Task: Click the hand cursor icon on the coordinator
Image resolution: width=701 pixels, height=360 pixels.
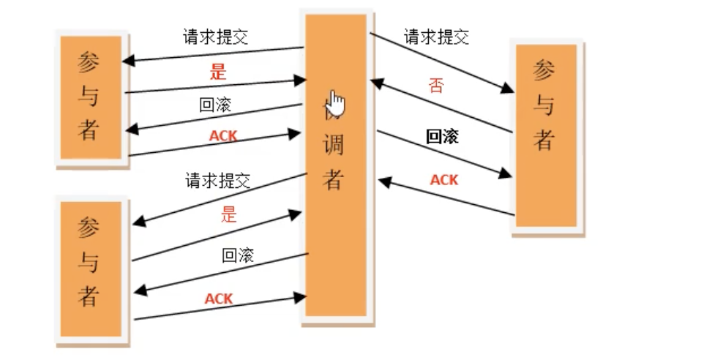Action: point(335,103)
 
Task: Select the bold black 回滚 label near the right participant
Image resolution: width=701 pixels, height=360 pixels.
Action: point(442,136)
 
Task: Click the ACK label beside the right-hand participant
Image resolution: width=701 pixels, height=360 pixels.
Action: point(443,179)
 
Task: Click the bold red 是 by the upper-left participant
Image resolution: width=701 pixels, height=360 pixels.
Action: point(218,72)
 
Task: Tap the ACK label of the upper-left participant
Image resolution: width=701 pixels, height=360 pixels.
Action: point(223,135)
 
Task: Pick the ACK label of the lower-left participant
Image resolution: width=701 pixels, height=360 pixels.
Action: point(218,299)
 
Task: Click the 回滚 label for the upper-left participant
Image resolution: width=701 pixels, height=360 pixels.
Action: point(215,105)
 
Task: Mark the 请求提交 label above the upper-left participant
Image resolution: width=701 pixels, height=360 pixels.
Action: point(215,37)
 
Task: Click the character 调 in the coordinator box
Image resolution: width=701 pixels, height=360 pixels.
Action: point(334,144)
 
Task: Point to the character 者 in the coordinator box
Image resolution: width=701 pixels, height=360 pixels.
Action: point(334,178)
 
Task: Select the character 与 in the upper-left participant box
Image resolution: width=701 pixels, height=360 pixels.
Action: point(89,96)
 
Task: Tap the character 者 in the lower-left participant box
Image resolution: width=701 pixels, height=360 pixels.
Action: point(89,296)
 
